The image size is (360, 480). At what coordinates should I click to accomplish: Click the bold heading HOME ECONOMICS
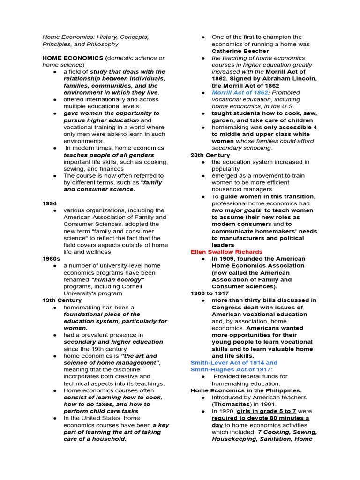click(73, 58)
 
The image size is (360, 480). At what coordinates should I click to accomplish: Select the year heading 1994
click(49, 203)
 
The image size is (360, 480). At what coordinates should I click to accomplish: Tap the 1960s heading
click(51, 259)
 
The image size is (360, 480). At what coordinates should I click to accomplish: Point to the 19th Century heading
click(62, 300)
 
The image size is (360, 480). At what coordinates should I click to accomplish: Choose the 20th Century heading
click(210, 155)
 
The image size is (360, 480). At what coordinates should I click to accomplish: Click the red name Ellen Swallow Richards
click(226, 252)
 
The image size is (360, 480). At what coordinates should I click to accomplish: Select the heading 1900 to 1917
click(210, 293)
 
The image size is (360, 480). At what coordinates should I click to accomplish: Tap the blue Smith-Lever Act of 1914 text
click(234, 362)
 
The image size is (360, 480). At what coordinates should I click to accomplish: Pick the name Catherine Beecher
click(240, 51)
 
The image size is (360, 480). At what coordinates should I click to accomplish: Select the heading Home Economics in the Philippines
click(246, 390)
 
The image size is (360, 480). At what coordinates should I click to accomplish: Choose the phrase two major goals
click(230, 210)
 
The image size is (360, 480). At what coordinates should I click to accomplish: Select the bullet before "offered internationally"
click(55, 99)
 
